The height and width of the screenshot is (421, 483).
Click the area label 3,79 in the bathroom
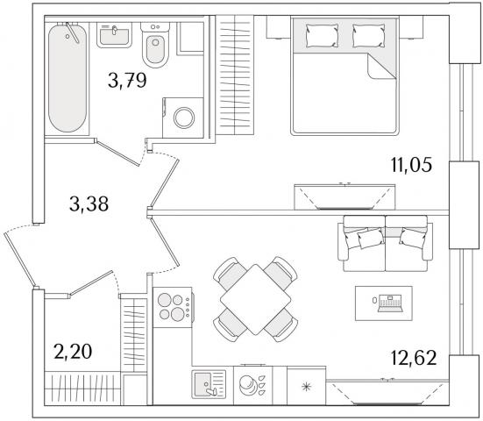127,81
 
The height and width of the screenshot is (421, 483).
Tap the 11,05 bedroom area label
411,165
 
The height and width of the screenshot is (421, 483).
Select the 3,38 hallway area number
89,203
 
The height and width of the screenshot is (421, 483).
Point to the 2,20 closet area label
73,352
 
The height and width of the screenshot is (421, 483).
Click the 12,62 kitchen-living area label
414,358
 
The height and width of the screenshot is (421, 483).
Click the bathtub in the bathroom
67,78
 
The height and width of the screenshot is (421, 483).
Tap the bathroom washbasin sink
114,35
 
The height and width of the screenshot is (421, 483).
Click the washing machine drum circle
184,118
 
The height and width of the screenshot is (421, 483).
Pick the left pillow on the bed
322,36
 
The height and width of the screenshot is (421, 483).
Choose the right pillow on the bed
369,36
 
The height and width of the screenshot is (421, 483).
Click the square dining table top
256,300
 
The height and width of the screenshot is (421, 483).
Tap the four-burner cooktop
172,307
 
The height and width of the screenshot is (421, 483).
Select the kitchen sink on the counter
209,384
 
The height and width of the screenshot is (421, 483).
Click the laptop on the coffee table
390,303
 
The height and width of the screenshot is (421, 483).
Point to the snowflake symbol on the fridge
307,387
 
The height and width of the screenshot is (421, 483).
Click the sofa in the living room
386,244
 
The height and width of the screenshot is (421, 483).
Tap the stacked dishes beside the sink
248,385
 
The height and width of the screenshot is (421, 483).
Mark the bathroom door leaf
117,153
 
